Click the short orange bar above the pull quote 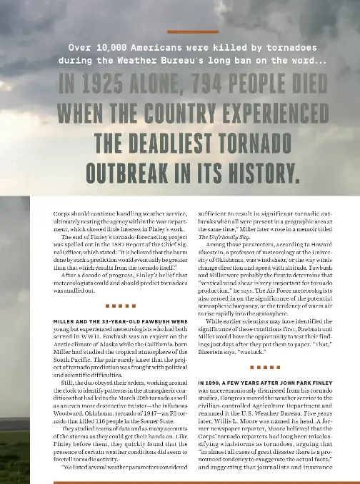192,32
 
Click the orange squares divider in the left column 119,306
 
